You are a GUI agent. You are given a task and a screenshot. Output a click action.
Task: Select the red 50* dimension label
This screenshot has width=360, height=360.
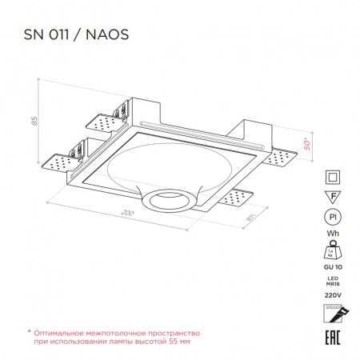(x=306, y=144)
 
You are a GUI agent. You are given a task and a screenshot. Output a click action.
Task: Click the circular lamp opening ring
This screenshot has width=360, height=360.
(x=167, y=199)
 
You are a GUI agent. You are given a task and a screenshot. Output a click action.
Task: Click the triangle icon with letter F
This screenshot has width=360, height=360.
(x=330, y=197)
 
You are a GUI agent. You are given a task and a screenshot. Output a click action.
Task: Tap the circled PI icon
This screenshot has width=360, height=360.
(x=330, y=217)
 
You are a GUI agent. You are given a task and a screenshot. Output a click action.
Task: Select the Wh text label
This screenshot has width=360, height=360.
(x=330, y=234)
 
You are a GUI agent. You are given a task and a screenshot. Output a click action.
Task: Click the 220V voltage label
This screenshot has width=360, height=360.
(x=330, y=294)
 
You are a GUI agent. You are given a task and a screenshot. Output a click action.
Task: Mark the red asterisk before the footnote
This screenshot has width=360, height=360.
(x=29, y=330)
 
